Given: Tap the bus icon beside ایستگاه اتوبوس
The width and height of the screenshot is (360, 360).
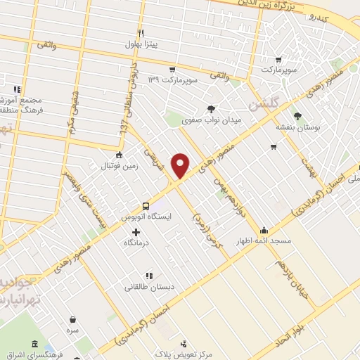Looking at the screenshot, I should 145,206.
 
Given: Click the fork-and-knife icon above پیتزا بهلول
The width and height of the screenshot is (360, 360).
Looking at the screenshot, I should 141,34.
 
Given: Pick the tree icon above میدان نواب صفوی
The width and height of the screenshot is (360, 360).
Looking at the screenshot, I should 212,108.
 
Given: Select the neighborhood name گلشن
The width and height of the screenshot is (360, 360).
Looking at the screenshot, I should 264,103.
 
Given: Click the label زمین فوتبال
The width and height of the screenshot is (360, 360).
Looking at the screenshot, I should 118,167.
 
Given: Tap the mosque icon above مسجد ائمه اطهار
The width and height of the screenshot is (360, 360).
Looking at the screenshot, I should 264,229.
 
